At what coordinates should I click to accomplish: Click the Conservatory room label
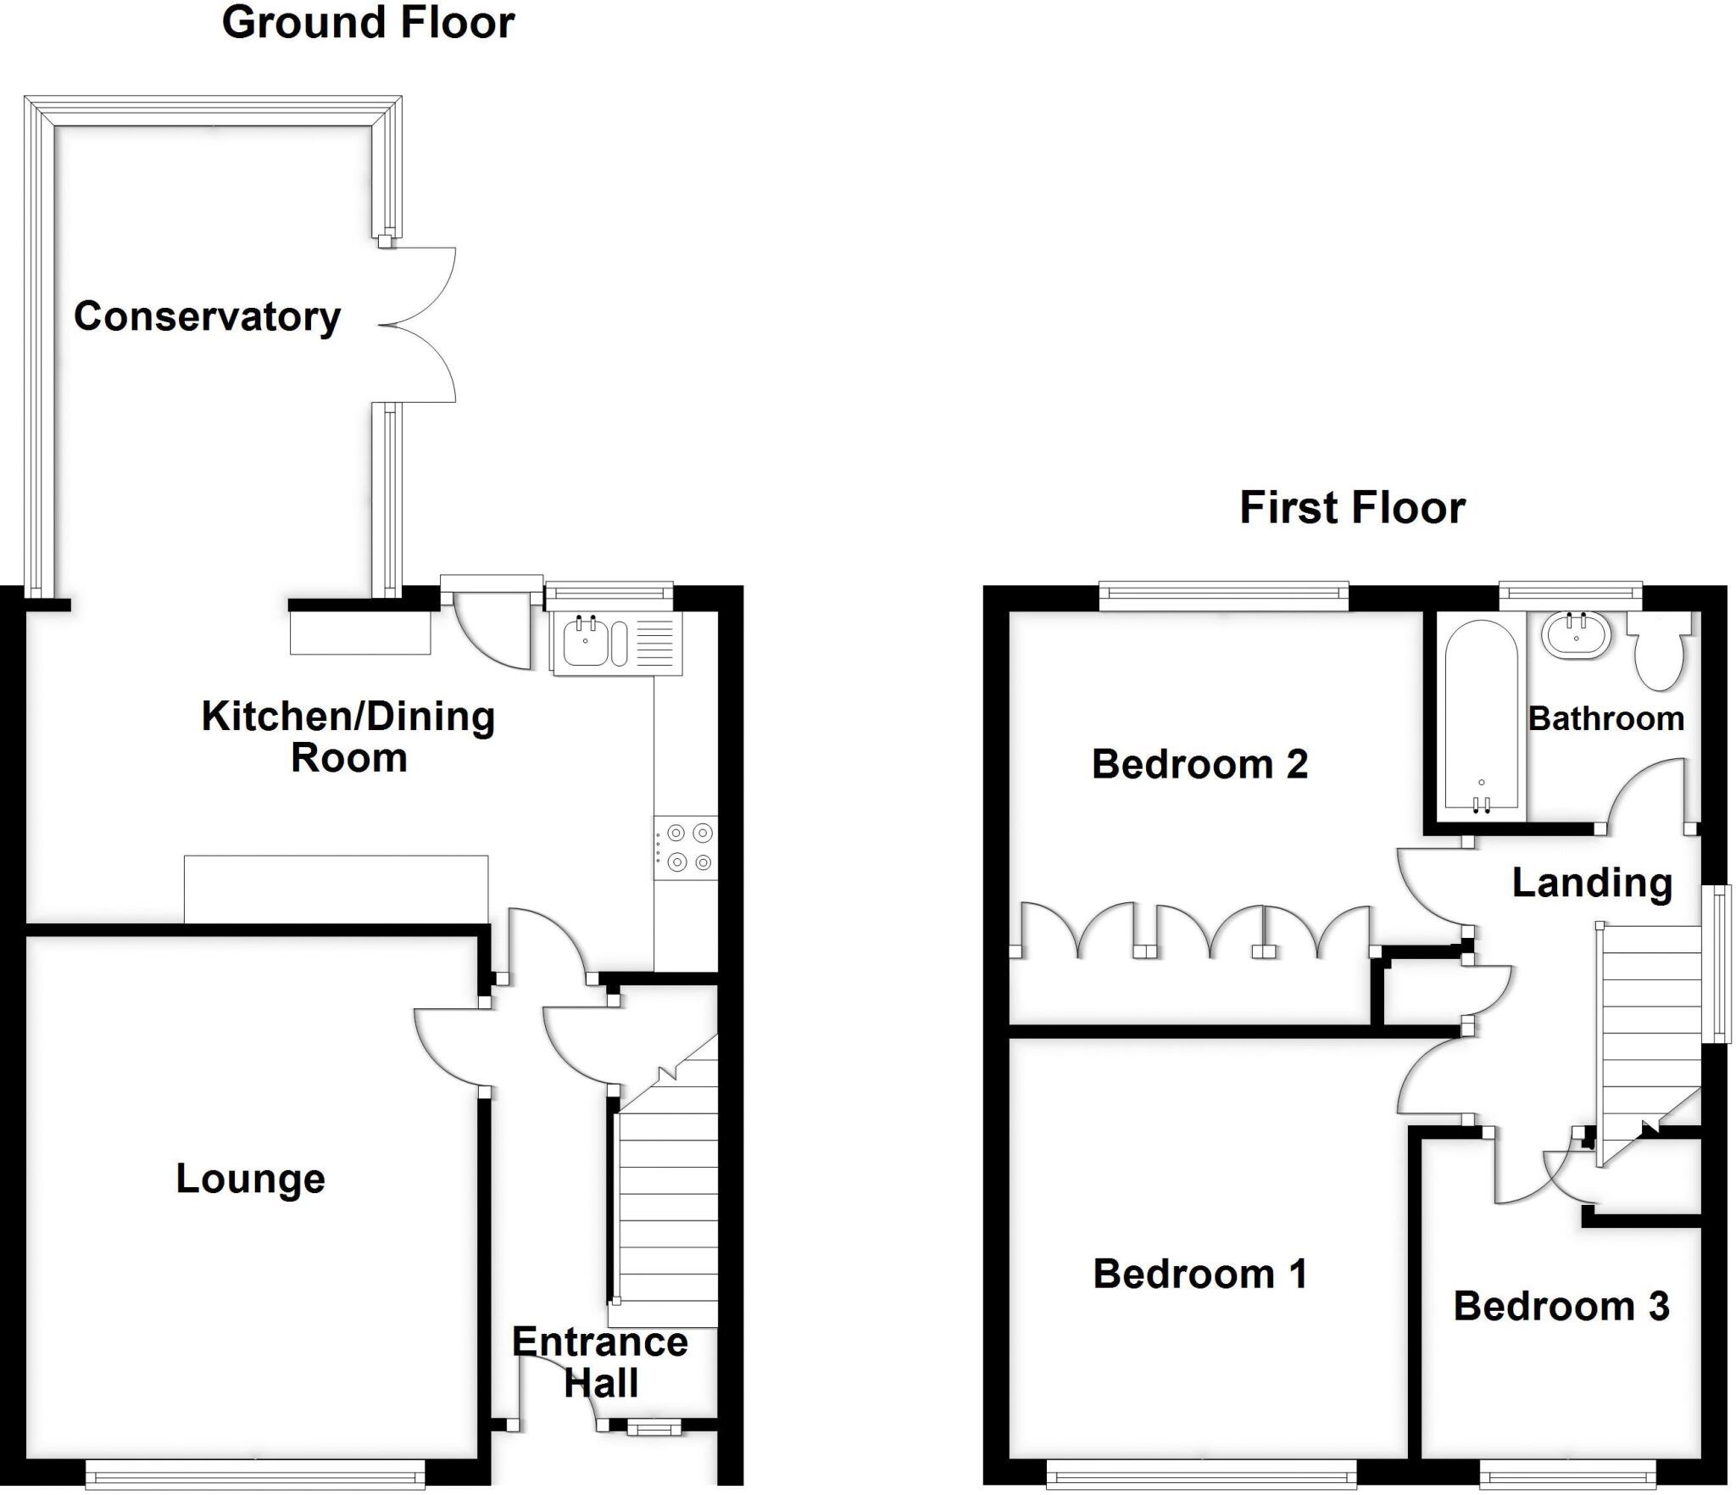[x=207, y=317]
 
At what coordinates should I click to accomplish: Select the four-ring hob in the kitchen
[x=685, y=847]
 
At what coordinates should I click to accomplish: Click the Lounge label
[x=250, y=1179]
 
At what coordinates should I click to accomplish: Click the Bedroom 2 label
[x=1199, y=764]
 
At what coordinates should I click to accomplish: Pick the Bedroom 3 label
[x=1561, y=1306]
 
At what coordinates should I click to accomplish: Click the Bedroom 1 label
[x=1199, y=1274]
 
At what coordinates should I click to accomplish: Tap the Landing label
[x=1592, y=883]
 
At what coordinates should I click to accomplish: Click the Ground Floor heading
[x=368, y=23]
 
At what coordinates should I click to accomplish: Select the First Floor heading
[x=1352, y=508]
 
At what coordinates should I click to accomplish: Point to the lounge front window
[x=254, y=1475]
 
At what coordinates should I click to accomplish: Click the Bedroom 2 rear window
[x=1223, y=595]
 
